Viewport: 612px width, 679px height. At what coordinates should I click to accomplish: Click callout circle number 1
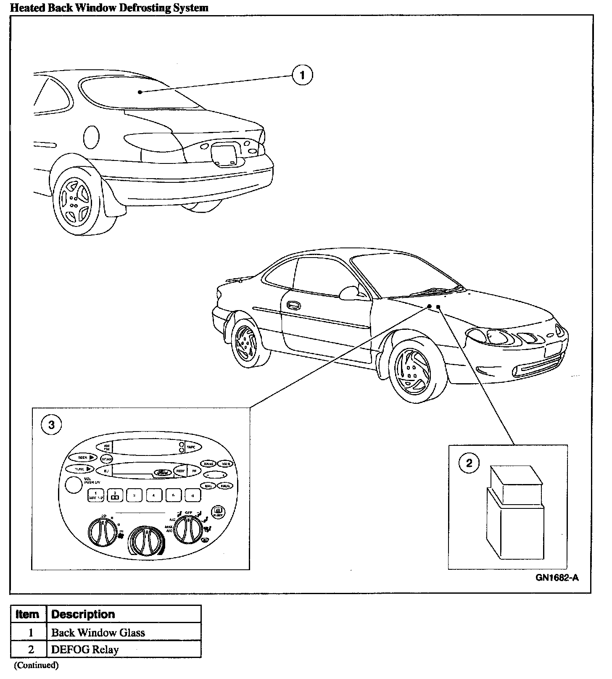pyautogui.click(x=302, y=76)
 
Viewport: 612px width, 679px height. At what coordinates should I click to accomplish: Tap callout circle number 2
pyautogui.click(x=469, y=463)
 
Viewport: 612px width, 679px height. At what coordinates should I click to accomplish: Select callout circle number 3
pyautogui.click(x=51, y=424)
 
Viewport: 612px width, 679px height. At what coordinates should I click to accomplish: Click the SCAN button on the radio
pyautogui.click(x=107, y=459)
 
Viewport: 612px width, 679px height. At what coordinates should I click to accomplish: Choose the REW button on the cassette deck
pyautogui.click(x=180, y=471)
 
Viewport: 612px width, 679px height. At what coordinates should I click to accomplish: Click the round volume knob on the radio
pyautogui.click(x=74, y=484)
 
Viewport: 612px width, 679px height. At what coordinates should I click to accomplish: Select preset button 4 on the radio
pyautogui.click(x=154, y=495)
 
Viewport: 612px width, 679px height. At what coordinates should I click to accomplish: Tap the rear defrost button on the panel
pyautogui.click(x=219, y=512)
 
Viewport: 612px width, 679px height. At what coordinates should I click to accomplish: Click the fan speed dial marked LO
pyautogui.click(x=102, y=532)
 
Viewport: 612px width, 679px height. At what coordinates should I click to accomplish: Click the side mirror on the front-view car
pyautogui.click(x=348, y=293)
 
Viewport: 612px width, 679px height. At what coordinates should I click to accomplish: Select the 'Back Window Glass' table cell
pyautogui.click(x=124, y=632)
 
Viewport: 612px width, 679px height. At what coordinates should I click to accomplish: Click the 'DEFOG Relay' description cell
pyautogui.click(x=124, y=649)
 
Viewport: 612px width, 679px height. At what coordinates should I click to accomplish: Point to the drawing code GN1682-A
pyautogui.click(x=557, y=578)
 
